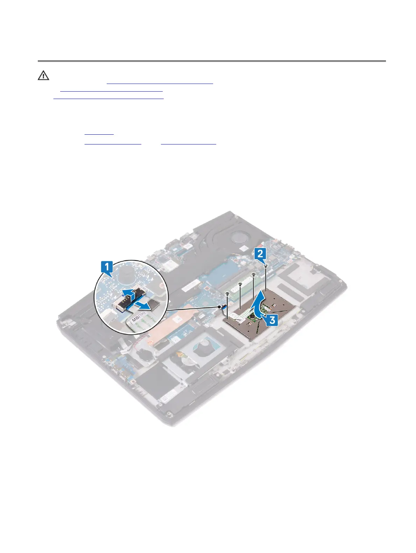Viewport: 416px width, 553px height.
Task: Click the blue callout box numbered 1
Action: tap(107, 267)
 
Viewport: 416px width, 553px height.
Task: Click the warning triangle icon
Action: tap(43, 75)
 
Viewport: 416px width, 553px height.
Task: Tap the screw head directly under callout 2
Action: tap(266, 266)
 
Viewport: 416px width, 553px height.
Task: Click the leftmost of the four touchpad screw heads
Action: tap(227, 293)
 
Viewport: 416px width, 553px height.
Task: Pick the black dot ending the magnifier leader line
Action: tap(221, 307)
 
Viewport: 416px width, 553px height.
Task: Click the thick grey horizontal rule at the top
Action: tap(212, 61)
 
